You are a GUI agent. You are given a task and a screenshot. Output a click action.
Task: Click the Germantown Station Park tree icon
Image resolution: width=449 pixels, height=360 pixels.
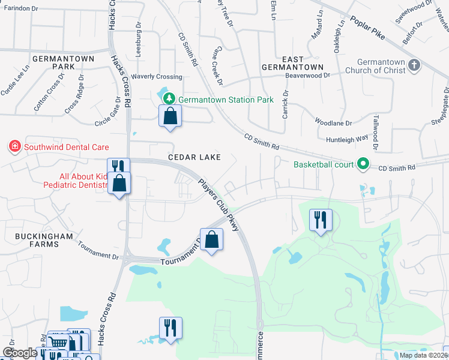170,98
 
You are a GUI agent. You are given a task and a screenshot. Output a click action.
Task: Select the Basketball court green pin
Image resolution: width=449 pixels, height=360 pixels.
363,163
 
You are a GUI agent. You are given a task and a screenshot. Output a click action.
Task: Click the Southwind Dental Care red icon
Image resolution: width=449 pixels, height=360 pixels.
13,146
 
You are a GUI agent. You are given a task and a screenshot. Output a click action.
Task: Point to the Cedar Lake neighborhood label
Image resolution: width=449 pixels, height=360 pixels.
194,157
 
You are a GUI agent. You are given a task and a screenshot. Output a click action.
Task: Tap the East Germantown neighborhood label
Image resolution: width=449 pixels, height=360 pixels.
292,62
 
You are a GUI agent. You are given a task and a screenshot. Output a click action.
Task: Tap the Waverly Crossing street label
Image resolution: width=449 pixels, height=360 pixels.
157,77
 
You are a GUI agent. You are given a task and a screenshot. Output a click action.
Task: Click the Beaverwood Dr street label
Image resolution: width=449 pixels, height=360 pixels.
307,76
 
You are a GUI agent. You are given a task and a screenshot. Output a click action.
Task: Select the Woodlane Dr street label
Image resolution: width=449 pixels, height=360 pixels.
333,122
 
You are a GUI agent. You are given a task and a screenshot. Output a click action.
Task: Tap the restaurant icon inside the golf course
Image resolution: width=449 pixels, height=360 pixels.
321,220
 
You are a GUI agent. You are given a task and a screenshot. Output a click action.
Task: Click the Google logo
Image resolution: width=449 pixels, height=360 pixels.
19,353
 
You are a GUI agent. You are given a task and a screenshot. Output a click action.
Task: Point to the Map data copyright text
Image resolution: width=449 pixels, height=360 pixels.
423,355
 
